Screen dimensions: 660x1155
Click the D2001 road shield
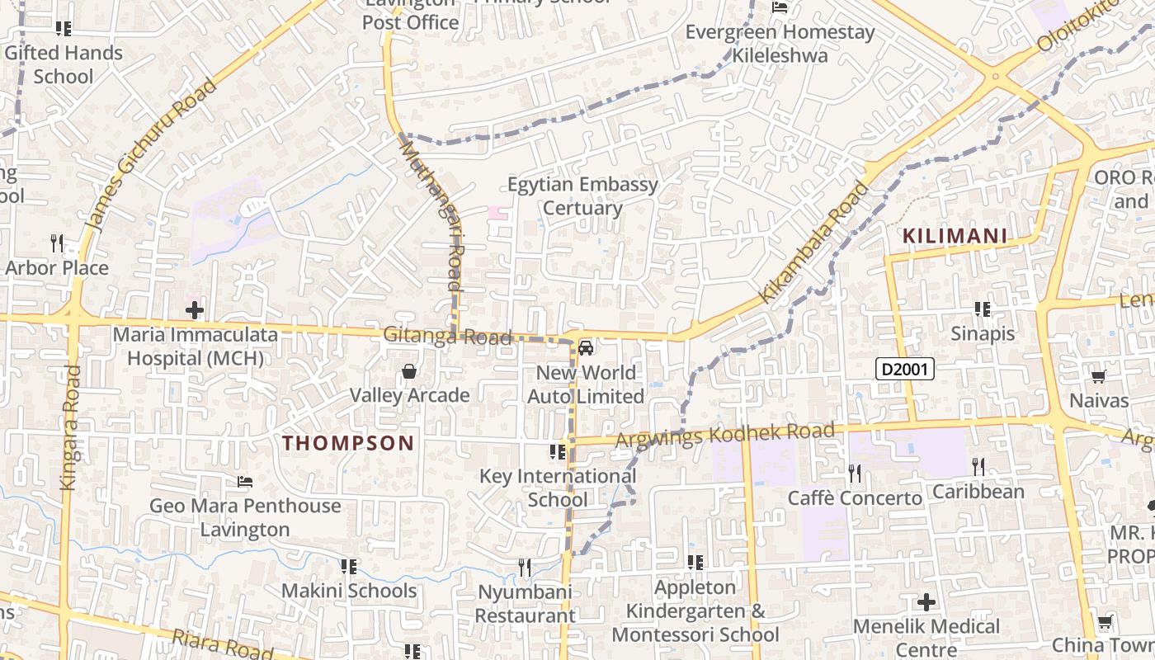pyautogui.click(x=904, y=369)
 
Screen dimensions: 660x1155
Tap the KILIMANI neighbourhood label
pyautogui.click(x=955, y=237)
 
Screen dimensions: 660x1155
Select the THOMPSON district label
pyautogui.click(x=348, y=443)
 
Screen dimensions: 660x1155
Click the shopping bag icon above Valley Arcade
pyautogui.click(x=409, y=372)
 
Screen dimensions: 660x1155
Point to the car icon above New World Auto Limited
pyautogui.click(x=586, y=349)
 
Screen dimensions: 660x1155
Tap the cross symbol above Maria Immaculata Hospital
pyautogui.click(x=195, y=311)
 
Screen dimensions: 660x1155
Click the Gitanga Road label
pyautogui.click(x=447, y=337)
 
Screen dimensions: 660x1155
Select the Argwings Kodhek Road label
pyautogui.click(x=725, y=434)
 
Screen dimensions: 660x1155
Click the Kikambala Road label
pyautogui.click(x=813, y=242)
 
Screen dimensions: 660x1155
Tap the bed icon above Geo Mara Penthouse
pyautogui.click(x=245, y=482)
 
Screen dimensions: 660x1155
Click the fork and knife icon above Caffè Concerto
pyautogui.click(x=855, y=474)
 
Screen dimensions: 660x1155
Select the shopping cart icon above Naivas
pyautogui.click(x=1098, y=377)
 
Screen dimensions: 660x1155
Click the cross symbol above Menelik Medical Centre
pyautogui.click(x=926, y=602)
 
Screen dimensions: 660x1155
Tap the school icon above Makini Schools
pyautogui.click(x=349, y=567)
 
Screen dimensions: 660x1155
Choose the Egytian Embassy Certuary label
pyautogui.click(x=582, y=196)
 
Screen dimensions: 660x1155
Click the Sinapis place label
pyautogui.click(x=982, y=333)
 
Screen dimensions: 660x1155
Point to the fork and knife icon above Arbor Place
pyautogui.click(x=57, y=243)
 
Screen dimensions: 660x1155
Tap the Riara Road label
pyautogui.click(x=222, y=644)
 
